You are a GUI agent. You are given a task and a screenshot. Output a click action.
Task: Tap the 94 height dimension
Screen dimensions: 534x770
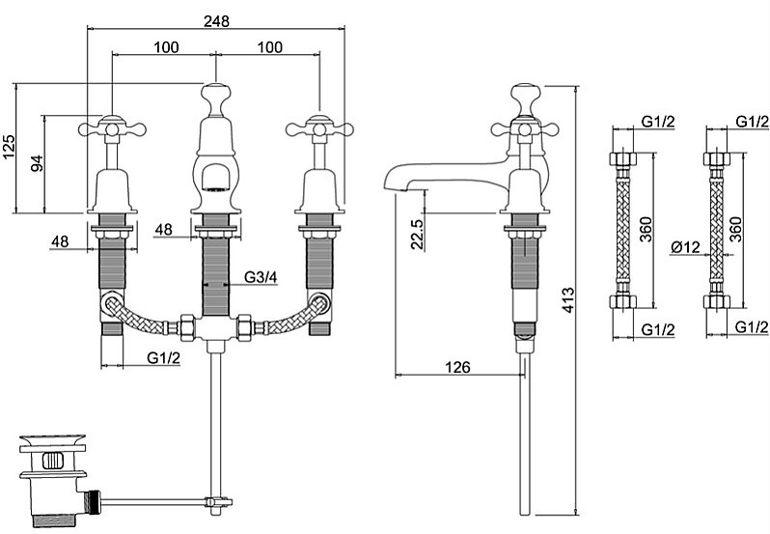point(37,163)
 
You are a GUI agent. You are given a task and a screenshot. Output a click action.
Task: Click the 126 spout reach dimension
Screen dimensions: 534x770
point(458,366)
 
